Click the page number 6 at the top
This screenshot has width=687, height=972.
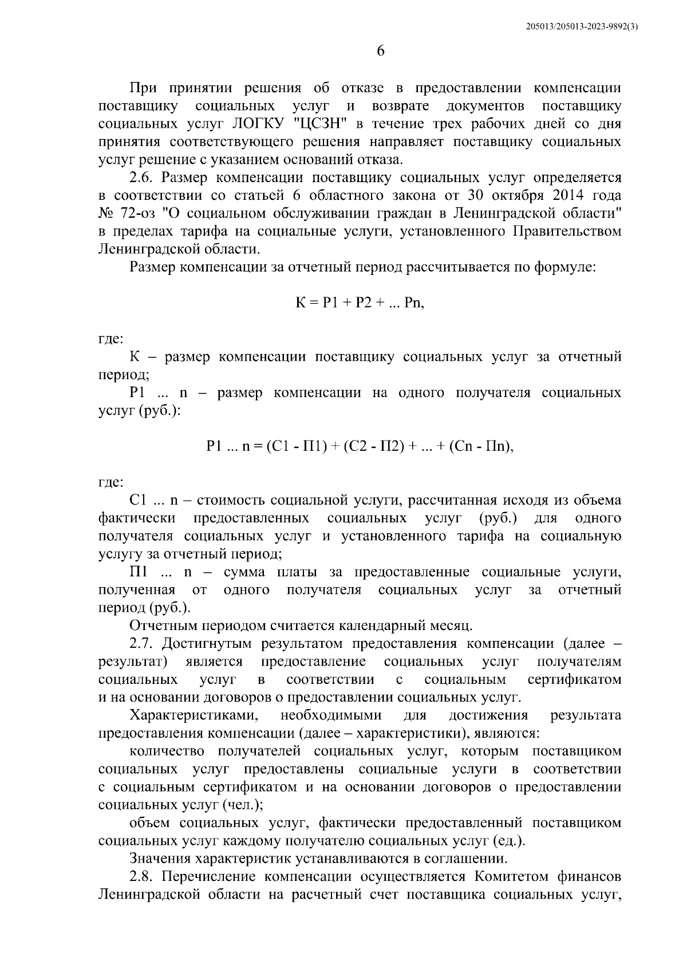coord(381,51)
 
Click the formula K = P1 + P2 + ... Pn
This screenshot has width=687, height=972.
coord(360,303)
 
